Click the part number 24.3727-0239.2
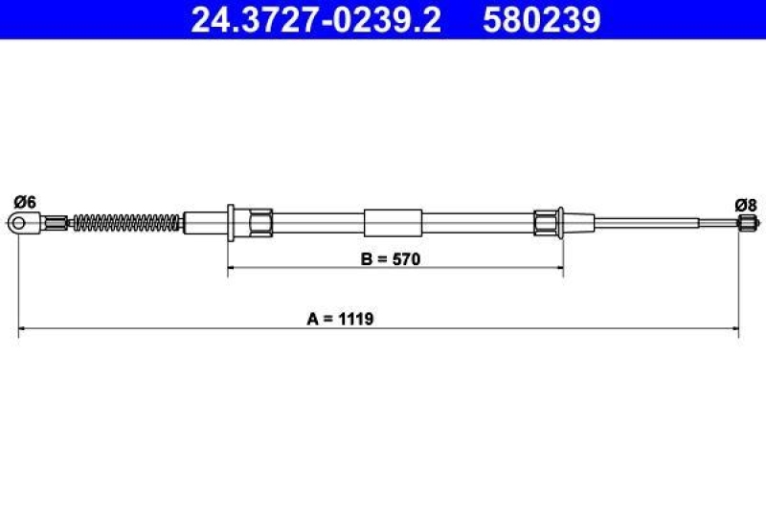click(x=316, y=19)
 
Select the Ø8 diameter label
click(x=746, y=204)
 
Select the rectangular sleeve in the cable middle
click(x=393, y=223)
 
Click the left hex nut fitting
click(x=260, y=223)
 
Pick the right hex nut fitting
click(x=545, y=223)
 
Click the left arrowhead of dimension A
click(x=23, y=331)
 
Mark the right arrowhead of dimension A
click(x=735, y=331)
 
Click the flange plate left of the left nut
click(x=231, y=223)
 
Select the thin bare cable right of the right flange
click(x=651, y=223)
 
